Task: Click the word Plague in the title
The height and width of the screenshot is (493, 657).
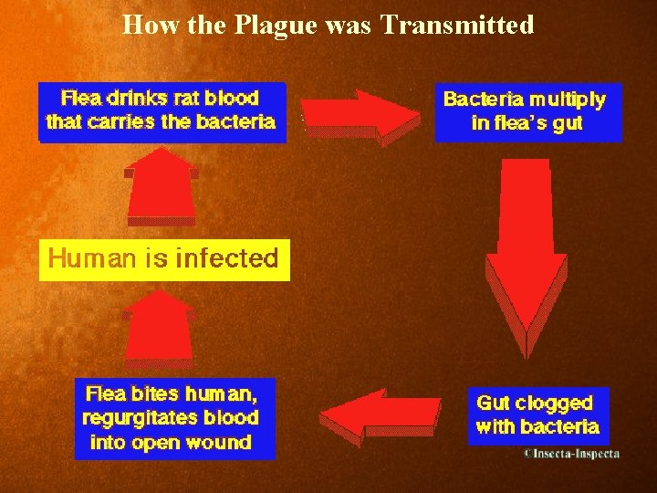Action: (x=272, y=25)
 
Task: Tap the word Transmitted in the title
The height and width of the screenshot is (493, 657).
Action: (x=457, y=25)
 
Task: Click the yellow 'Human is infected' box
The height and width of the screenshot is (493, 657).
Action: (x=163, y=258)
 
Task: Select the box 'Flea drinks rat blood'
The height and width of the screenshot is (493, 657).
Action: (x=162, y=110)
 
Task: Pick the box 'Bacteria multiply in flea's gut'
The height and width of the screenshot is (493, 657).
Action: (x=527, y=111)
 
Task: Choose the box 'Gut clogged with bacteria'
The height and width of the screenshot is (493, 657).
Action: (x=537, y=415)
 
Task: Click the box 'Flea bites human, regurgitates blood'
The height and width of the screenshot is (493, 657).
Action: (x=173, y=419)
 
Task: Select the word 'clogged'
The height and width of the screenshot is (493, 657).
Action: (x=554, y=403)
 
